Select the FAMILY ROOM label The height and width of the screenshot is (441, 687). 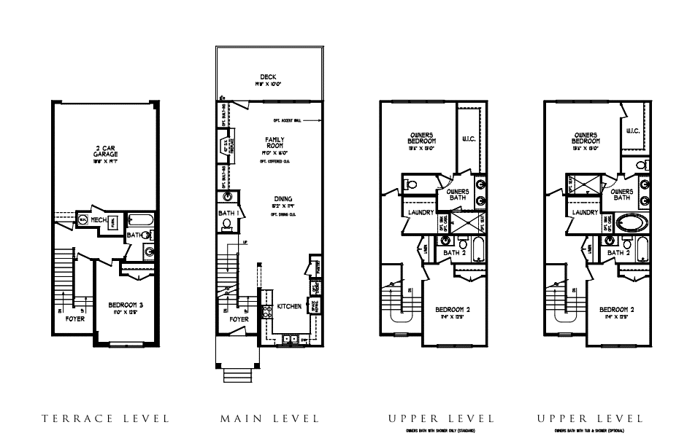pyautogui.click(x=275, y=142)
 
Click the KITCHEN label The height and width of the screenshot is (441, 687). pyautogui.click(x=289, y=307)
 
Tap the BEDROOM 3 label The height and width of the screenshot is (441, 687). pyautogui.click(x=128, y=305)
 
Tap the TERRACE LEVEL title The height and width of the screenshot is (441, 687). pyautogui.click(x=105, y=418)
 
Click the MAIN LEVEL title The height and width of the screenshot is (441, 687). pyautogui.click(x=269, y=418)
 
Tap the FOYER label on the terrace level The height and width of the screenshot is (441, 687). pyautogui.click(x=74, y=319)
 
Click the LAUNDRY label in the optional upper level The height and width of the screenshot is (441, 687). pyautogui.click(x=586, y=213)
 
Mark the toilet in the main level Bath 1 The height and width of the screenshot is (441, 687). pyautogui.click(x=227, y=224)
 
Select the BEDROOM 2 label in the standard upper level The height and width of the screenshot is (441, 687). pyautogui.click(x=447, y=310)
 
